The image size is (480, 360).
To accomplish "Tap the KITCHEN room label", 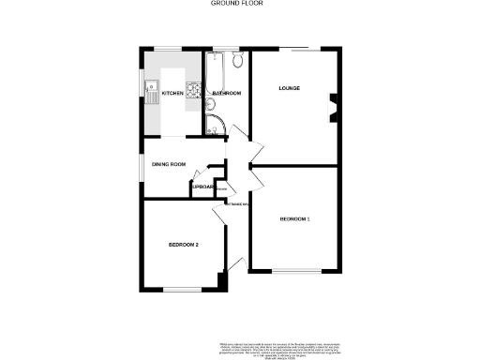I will tap(172, 94).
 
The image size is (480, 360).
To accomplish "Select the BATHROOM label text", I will tap(228, 94).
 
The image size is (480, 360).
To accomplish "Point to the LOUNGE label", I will tap(288, 89).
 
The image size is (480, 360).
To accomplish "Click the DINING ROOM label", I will tap(170, 165).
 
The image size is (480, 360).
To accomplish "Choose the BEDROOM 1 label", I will tap(295, 219).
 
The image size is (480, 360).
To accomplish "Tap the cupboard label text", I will tap(204, 187).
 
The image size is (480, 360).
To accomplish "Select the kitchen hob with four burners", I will tap(192, 92).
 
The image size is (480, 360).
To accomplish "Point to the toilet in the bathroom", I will tap(238, 62).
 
